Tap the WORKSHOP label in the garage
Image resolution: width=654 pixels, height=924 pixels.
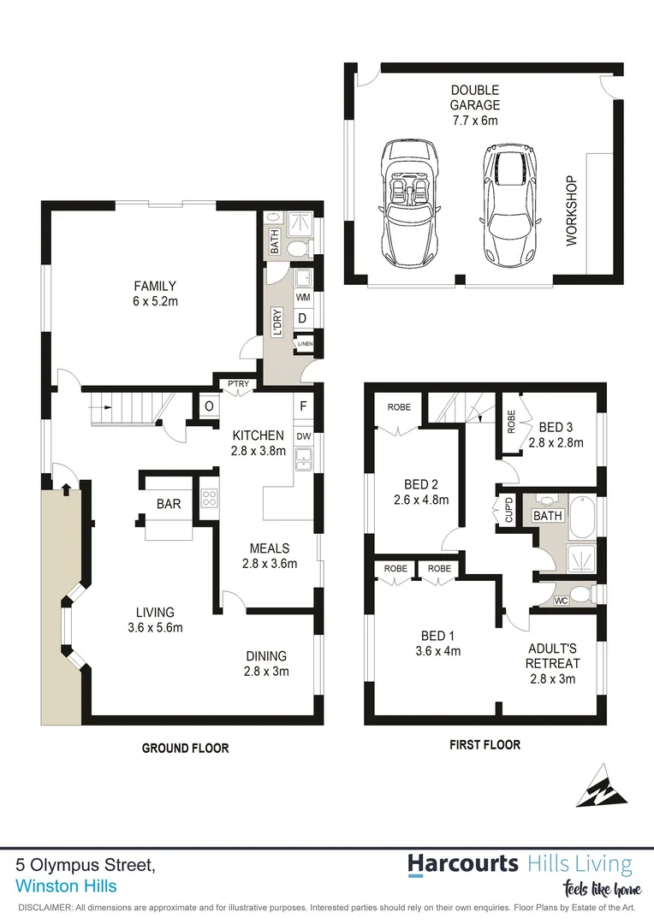572,211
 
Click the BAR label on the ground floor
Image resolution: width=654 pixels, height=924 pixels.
169,504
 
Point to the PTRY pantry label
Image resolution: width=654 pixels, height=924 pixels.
237,384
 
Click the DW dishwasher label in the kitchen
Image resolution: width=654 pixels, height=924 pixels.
303,435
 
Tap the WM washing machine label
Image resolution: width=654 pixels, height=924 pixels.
302,297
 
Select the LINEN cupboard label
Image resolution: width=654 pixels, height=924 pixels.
305,345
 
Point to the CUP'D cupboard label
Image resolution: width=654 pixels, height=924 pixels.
508,511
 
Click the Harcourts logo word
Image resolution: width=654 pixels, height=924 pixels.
463,862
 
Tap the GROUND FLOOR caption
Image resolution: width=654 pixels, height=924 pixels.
185,748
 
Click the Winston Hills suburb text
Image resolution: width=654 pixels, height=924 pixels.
67,886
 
